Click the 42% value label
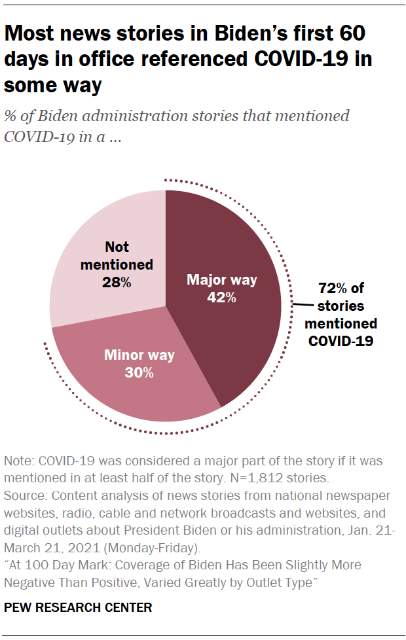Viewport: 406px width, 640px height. (222, 297)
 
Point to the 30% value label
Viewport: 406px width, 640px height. (139, 373)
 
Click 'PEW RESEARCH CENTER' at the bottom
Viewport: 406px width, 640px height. (78, 607)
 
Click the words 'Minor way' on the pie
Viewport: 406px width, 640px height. (139, 355)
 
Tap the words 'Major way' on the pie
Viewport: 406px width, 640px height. (222, 280)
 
